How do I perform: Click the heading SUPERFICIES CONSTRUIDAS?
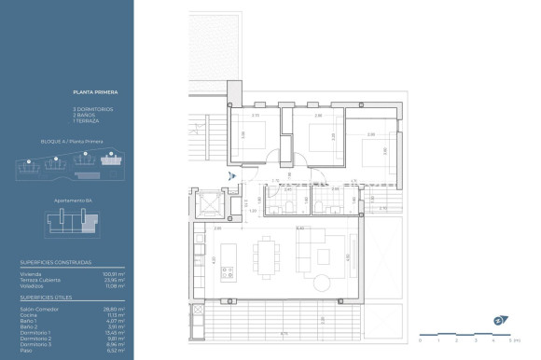tap(56, 263)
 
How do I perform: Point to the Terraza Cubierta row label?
tap(40, 279)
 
